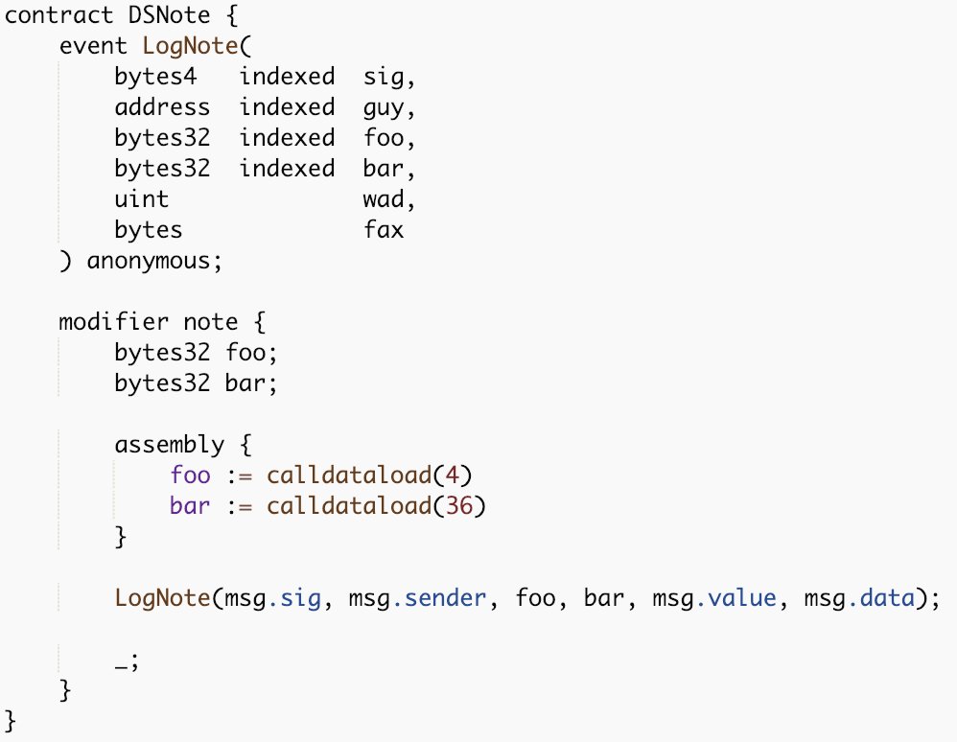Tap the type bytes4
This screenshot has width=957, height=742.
point(150,77)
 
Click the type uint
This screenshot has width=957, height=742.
point(142,198)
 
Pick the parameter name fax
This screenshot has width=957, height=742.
point(384,230)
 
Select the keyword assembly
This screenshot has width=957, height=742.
point(170,445)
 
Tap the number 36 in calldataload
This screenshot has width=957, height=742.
point(461,506)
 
